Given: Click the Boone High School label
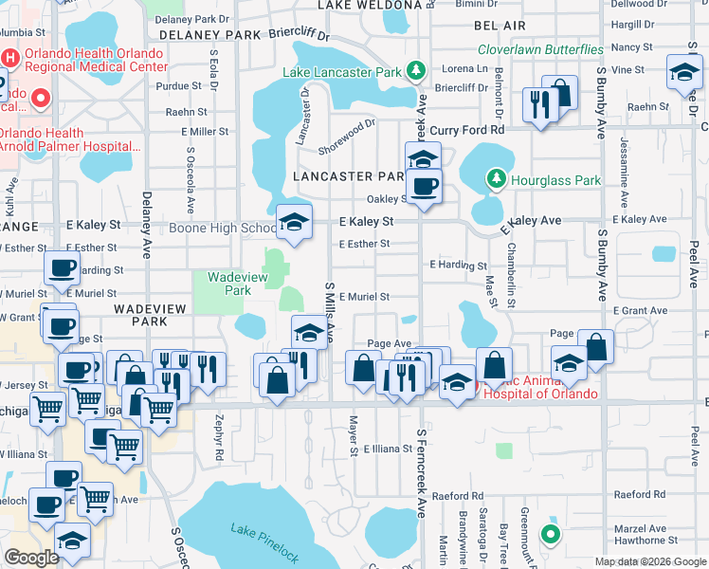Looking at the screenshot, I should point(223,228).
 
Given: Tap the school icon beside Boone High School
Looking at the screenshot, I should point(294,224).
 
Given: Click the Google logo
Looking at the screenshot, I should point(31,557).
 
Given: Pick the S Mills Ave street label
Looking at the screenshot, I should point(331,313).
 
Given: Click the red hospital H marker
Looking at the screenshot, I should point(10,57).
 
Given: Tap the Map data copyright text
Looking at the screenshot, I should point(649,561).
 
